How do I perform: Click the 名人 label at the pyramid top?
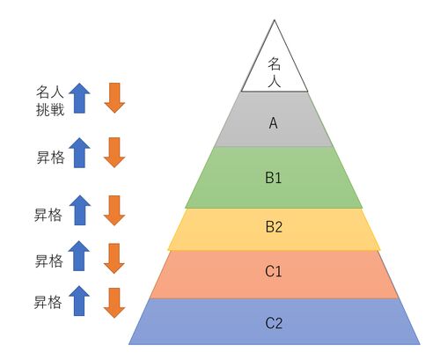pyautogui.click(x=275, y=72)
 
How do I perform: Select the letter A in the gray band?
pyautogui.click(x=274, y=123)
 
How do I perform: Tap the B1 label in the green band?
pyautogui.click(x=274, y=178)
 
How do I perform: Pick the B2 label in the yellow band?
pyautogui.click(x=274, y=227)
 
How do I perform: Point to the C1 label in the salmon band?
pyautogui.click(x=274, y=271)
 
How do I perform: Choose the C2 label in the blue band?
pyautogui.click(x=274, y=323)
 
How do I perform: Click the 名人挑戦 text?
pyautogui.click(x=50, y=101)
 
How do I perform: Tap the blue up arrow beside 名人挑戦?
pyautogui.click(x=79, y=98)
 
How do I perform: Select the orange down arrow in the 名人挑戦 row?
pyautogui.click(x=114, y=98)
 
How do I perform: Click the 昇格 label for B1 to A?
pyautogui.click(x=50, y=158)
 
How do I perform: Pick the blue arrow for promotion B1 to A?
pyautogui.click(x=79, y=153)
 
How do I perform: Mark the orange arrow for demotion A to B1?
pyautogui.click(x=114, y=152)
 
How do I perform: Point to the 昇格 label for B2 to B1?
pyautogui.click(x=48, y=215)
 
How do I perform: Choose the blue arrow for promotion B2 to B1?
pyautogui.click(x=80, y=210)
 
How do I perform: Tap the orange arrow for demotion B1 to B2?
pyautogui.click(x=114, y=210)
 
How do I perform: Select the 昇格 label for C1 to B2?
pyautogui.click(x=49, y=261)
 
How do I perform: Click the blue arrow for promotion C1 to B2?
pyautogui.click(x=79, y=256)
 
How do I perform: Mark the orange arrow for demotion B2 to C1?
pyautogui.click(x=114, y=259)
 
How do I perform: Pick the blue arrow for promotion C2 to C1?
pyautogui.click(x=79, y=301)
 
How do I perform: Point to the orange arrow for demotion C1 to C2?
pyautogui.click(x=114, y=303)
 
